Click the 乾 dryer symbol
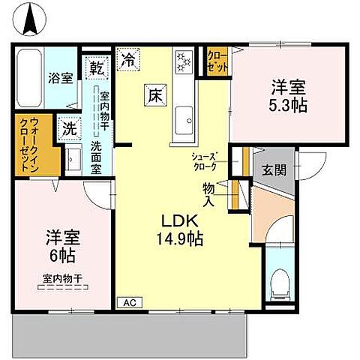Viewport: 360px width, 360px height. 96,67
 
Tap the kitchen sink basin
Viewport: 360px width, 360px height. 184,116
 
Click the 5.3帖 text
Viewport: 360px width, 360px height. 289,104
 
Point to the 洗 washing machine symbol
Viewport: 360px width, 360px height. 69,128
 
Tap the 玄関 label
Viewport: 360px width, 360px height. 274,170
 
